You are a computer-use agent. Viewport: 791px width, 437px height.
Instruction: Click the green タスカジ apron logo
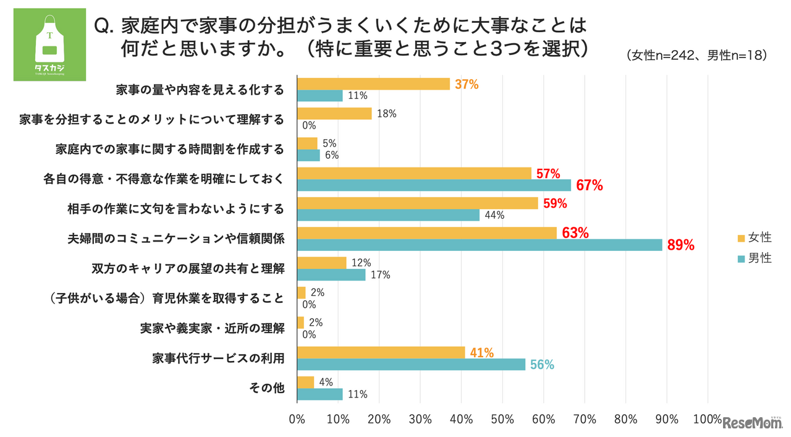[x=49, y=45]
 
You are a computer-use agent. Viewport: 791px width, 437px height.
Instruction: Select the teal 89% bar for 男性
[x=480, y=245]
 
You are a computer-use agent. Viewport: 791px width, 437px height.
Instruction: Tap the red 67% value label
[x=590, y=185]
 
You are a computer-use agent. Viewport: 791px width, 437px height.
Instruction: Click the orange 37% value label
[x=467, y=84]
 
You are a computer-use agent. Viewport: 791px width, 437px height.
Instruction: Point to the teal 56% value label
[x=541, y=365]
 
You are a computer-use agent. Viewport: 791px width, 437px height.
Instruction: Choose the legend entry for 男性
[x=755, y=258]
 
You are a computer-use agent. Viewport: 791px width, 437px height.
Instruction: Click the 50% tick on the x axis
[x=502, y=419]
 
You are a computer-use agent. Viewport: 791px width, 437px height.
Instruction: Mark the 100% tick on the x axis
[x=708, y=419]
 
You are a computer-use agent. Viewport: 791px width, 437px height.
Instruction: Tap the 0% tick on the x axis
[x=297, y=419]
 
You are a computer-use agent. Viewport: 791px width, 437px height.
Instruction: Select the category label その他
[x=266, y=388]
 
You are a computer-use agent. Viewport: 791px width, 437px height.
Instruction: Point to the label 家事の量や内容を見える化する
[x=200, y=90]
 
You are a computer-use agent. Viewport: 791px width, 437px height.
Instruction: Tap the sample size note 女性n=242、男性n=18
[x=696, y=56]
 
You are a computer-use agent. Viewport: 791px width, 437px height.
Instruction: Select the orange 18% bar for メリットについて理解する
[x=334, y=114]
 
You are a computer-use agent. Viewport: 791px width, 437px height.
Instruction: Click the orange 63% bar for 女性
[x=427, y=232]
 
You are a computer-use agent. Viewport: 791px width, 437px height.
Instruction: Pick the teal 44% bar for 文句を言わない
[x=388, y=215]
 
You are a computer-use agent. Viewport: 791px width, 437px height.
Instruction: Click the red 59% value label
[x=554, y=203]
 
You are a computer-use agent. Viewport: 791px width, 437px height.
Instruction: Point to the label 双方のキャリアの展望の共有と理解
[x=188, y=268]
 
